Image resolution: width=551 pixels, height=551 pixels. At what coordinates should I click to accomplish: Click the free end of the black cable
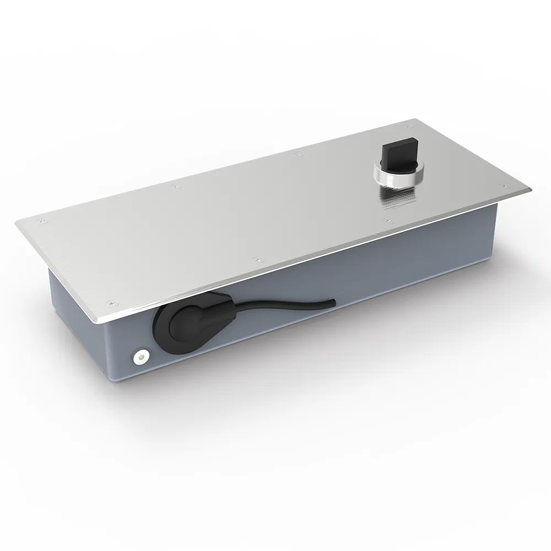click(x=333, y=301)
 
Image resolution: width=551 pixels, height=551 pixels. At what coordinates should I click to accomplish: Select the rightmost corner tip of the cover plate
click(x=532, y=189)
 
